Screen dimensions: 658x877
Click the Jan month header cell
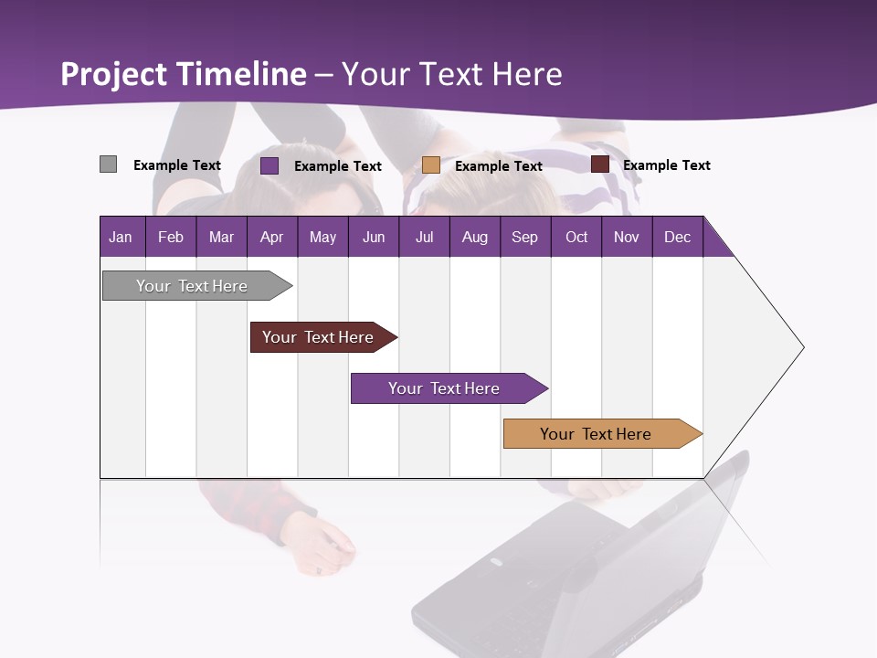(x=121, y=237)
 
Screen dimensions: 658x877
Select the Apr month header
(x=272, y=237)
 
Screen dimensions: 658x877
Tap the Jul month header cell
(x=424, y=237)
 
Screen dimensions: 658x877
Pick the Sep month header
(x=524, y=237)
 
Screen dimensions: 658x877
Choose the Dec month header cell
(x=677, y=237)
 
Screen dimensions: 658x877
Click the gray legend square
(x=109, y=164)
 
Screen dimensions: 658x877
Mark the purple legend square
(x=269, y=165)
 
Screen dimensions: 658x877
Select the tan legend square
(x=431, y=165)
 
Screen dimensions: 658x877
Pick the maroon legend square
(x=600, y=164)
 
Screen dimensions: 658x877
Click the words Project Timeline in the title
(x=184, y=74)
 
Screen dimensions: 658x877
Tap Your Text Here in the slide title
(x=452, y=74)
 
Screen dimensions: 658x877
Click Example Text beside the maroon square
(x=666, y=165)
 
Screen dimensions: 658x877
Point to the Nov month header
(x=627, y=237)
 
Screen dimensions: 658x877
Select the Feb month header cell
(x=171, y=237)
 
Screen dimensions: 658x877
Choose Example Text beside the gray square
(x=177, y=165)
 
